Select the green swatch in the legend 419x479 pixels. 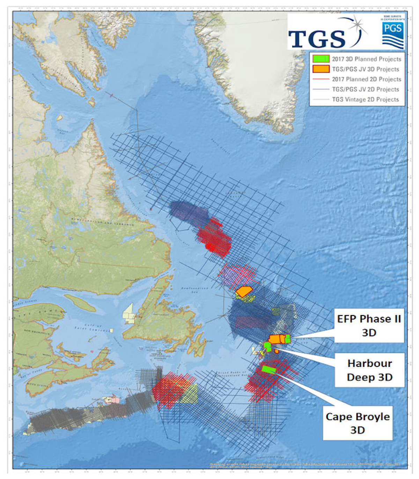(x=321, y=59)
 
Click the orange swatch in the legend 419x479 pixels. (x=321, y=69)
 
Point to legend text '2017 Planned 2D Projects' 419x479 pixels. (x=366, y=79)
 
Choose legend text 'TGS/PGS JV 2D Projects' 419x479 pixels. (x=365, y=89)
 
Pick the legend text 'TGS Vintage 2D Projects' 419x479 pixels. (x=365, y=100)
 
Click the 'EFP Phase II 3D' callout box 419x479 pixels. (x=369, y=326)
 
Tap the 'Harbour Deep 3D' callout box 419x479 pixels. (x=369, y=370)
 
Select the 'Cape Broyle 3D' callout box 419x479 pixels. (x=358, y=423)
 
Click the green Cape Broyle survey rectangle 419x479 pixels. (x=269, y=370)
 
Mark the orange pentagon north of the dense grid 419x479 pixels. (x=244, y=291)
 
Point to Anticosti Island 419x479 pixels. (x=80, y=303)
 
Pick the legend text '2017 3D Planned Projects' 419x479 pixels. (x=366, y=59)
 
